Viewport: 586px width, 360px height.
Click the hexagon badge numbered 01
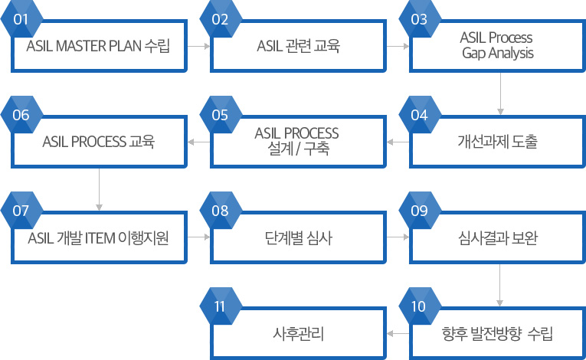(x=21, y=18)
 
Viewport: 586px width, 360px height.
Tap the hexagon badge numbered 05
(x=221, y=114)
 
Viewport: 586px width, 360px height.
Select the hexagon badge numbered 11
(x=221, y=306)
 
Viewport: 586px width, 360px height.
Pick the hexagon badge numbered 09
(x=420, y=210)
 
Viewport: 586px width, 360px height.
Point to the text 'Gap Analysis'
(x=498, y=53)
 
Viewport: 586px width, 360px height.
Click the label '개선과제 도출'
(x=498, y=142)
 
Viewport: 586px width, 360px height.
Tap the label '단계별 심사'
(x=298, y=237)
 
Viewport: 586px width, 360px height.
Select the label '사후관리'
(x=298, y=333)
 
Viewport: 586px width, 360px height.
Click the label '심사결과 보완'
(x=498, y=237)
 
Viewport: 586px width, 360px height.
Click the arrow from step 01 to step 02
(x=198, y=47)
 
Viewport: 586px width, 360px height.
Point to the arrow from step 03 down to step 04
(x=500, y=93)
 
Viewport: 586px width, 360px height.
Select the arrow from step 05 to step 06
(x=199, y=142)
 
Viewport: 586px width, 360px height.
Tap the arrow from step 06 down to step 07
(x=99, y=189)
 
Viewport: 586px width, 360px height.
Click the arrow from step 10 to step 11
(x=398, y=333)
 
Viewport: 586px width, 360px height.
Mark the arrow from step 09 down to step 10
(x=499, y=285)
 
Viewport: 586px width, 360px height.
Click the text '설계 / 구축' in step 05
(x=298, y=149)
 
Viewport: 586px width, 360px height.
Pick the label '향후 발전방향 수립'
(x=497, y=333)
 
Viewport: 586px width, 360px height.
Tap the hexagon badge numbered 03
(x=420, y=18)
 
